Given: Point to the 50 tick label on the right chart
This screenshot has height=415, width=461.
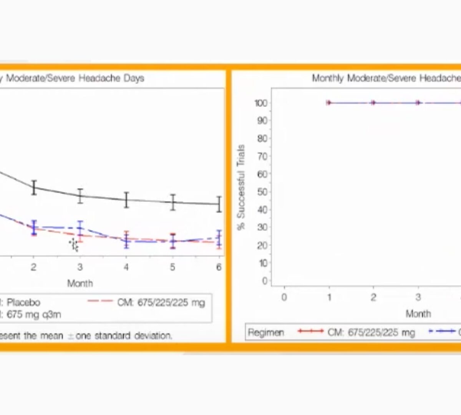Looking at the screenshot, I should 262,192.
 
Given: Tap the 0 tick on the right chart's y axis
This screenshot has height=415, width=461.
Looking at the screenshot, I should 264,281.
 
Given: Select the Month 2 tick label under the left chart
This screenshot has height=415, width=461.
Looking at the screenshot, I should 34,267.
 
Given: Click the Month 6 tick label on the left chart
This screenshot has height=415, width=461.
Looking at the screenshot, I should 219,267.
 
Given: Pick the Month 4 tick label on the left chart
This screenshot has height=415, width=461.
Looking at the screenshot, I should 126,267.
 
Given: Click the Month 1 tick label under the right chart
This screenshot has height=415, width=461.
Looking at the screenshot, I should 329,297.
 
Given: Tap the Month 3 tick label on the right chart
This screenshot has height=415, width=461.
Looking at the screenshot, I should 418,297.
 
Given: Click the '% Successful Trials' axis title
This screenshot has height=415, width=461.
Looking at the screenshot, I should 241,187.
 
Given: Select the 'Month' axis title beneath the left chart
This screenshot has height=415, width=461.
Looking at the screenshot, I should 80,284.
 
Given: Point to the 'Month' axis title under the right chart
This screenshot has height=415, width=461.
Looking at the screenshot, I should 418,314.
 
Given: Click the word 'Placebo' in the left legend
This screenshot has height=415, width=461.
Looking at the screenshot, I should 23,302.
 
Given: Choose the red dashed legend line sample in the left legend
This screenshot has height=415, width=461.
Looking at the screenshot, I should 100,301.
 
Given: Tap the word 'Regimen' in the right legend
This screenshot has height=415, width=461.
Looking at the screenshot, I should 266,332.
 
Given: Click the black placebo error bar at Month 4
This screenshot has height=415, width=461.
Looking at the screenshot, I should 126,200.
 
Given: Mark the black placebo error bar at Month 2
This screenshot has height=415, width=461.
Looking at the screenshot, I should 34,188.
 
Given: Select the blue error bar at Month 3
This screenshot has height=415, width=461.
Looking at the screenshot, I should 80,228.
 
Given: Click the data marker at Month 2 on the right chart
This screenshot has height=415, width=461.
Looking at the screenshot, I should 373,103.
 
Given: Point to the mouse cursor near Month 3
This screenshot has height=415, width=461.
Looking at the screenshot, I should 74,245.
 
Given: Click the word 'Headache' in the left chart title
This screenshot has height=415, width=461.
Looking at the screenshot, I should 100,78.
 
